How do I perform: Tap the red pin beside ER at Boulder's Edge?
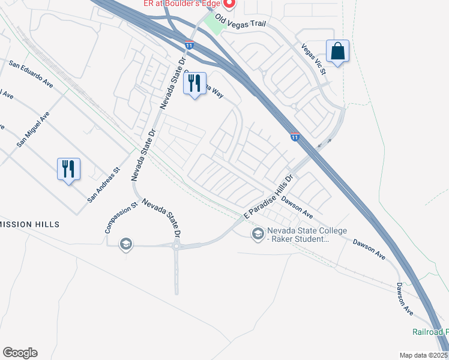point(229,2)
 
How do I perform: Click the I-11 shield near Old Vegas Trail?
point(190,45)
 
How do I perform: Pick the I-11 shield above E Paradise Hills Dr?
point(295,137)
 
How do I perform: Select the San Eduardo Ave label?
point(31,74)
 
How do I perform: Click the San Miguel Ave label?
point(34,130)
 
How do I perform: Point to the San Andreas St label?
point(104,184)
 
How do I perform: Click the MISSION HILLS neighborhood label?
point(30,224)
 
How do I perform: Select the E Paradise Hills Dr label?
point(267,197)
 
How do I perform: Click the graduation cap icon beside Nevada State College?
point(258,233)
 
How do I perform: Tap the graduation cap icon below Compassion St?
point(126,244)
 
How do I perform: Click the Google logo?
point(20,353)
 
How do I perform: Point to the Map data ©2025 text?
point(423,355)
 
